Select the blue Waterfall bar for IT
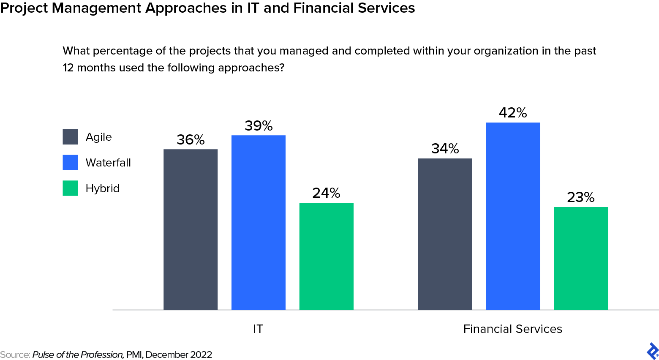[259, 223]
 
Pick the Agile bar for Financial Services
[445, 234]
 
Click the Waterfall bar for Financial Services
[513, 216]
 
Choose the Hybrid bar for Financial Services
[580, 258]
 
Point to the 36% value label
[191, 140]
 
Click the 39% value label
[259, 126]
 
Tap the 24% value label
[326, 193]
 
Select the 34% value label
[445, 149]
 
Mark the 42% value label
[513, 113]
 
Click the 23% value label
[580, 197]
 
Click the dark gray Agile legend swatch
[70, 137]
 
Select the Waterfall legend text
[108, 163]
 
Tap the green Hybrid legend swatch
[70, 188]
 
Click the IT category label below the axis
[258, 329]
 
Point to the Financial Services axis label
[512, 329]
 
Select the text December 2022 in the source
[178, 355]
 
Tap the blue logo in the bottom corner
[652, 351]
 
